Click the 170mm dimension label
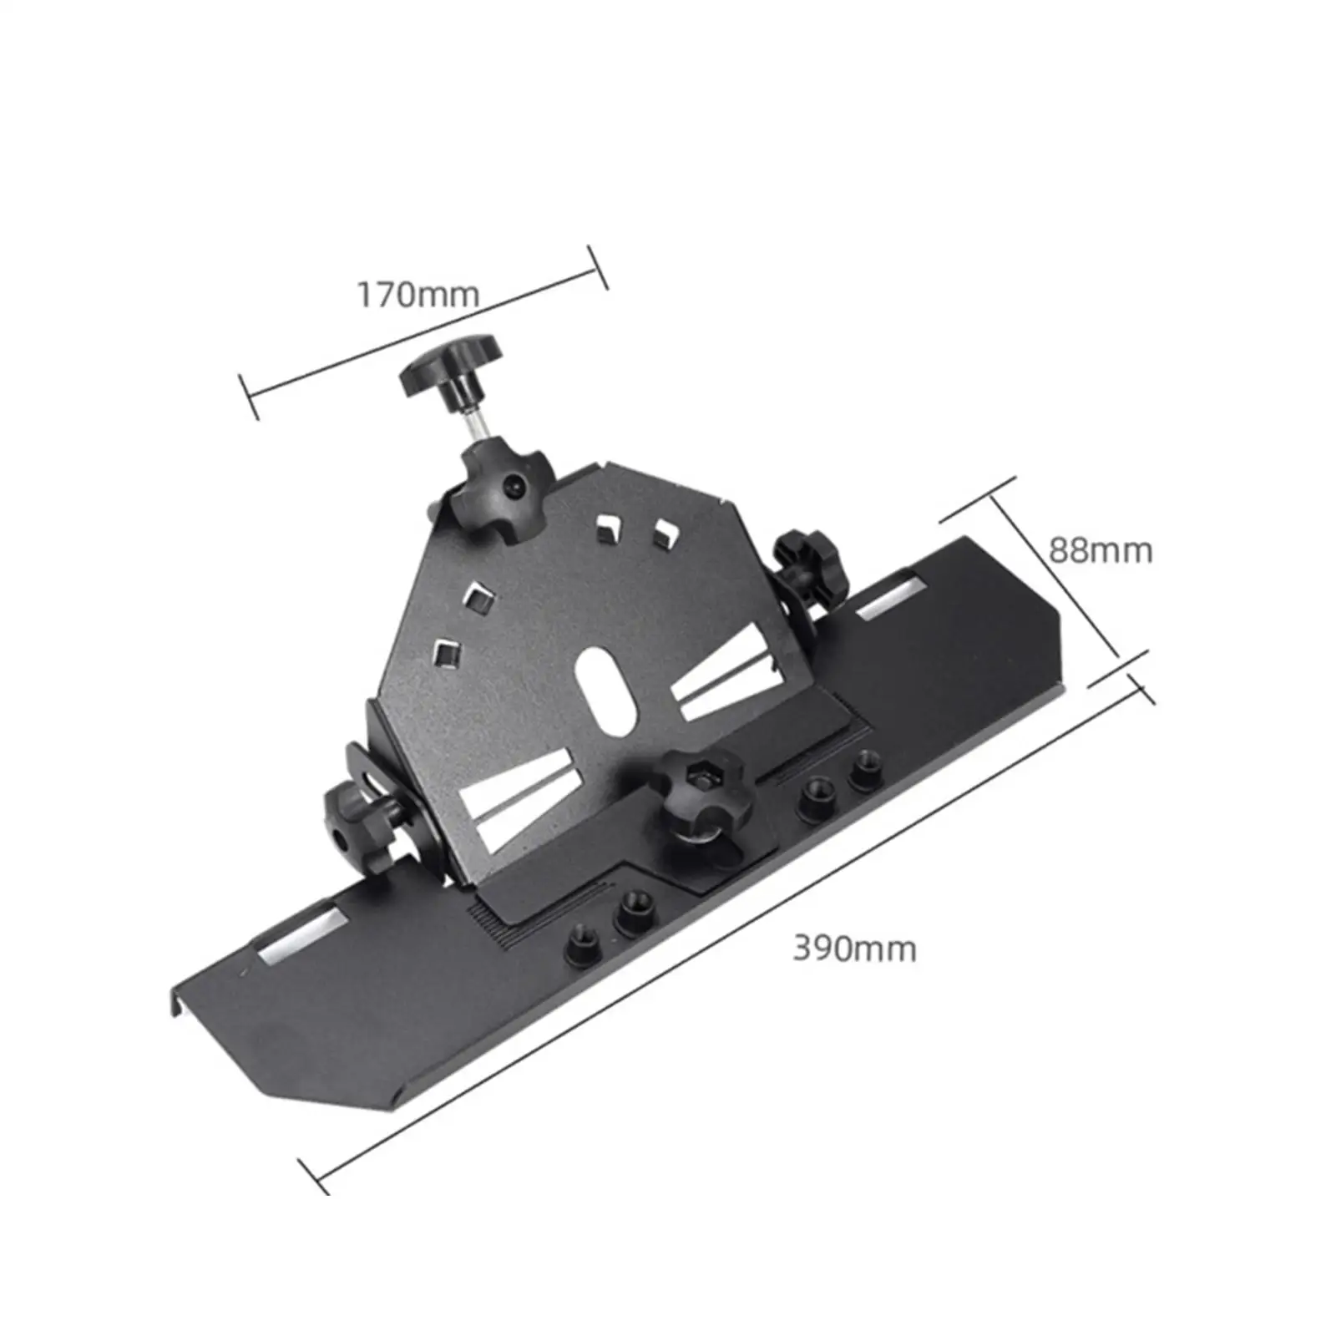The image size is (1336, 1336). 418,295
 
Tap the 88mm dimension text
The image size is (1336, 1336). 1100,551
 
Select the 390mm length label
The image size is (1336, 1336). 854,949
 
